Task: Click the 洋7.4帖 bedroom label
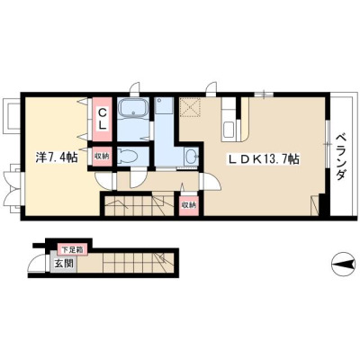click(58, 157)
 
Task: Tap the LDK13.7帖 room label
click(264, 159)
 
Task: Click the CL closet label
click(103, 119)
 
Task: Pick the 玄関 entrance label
click(64, 264)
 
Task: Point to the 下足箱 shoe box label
click(72, 249)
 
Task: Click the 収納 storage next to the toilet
click(102, 156)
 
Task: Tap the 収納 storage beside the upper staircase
click(188, 205)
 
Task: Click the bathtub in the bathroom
click(133, 108)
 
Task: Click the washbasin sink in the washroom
click(191, 156)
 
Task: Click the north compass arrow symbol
click(343, 265)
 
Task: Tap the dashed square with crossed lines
click(190, 107)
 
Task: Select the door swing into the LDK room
click(212, 182)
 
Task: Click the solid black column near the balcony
click(324, 204)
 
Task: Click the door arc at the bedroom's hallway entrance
click(103, 181)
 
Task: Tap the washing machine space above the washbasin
click(165, 105)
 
